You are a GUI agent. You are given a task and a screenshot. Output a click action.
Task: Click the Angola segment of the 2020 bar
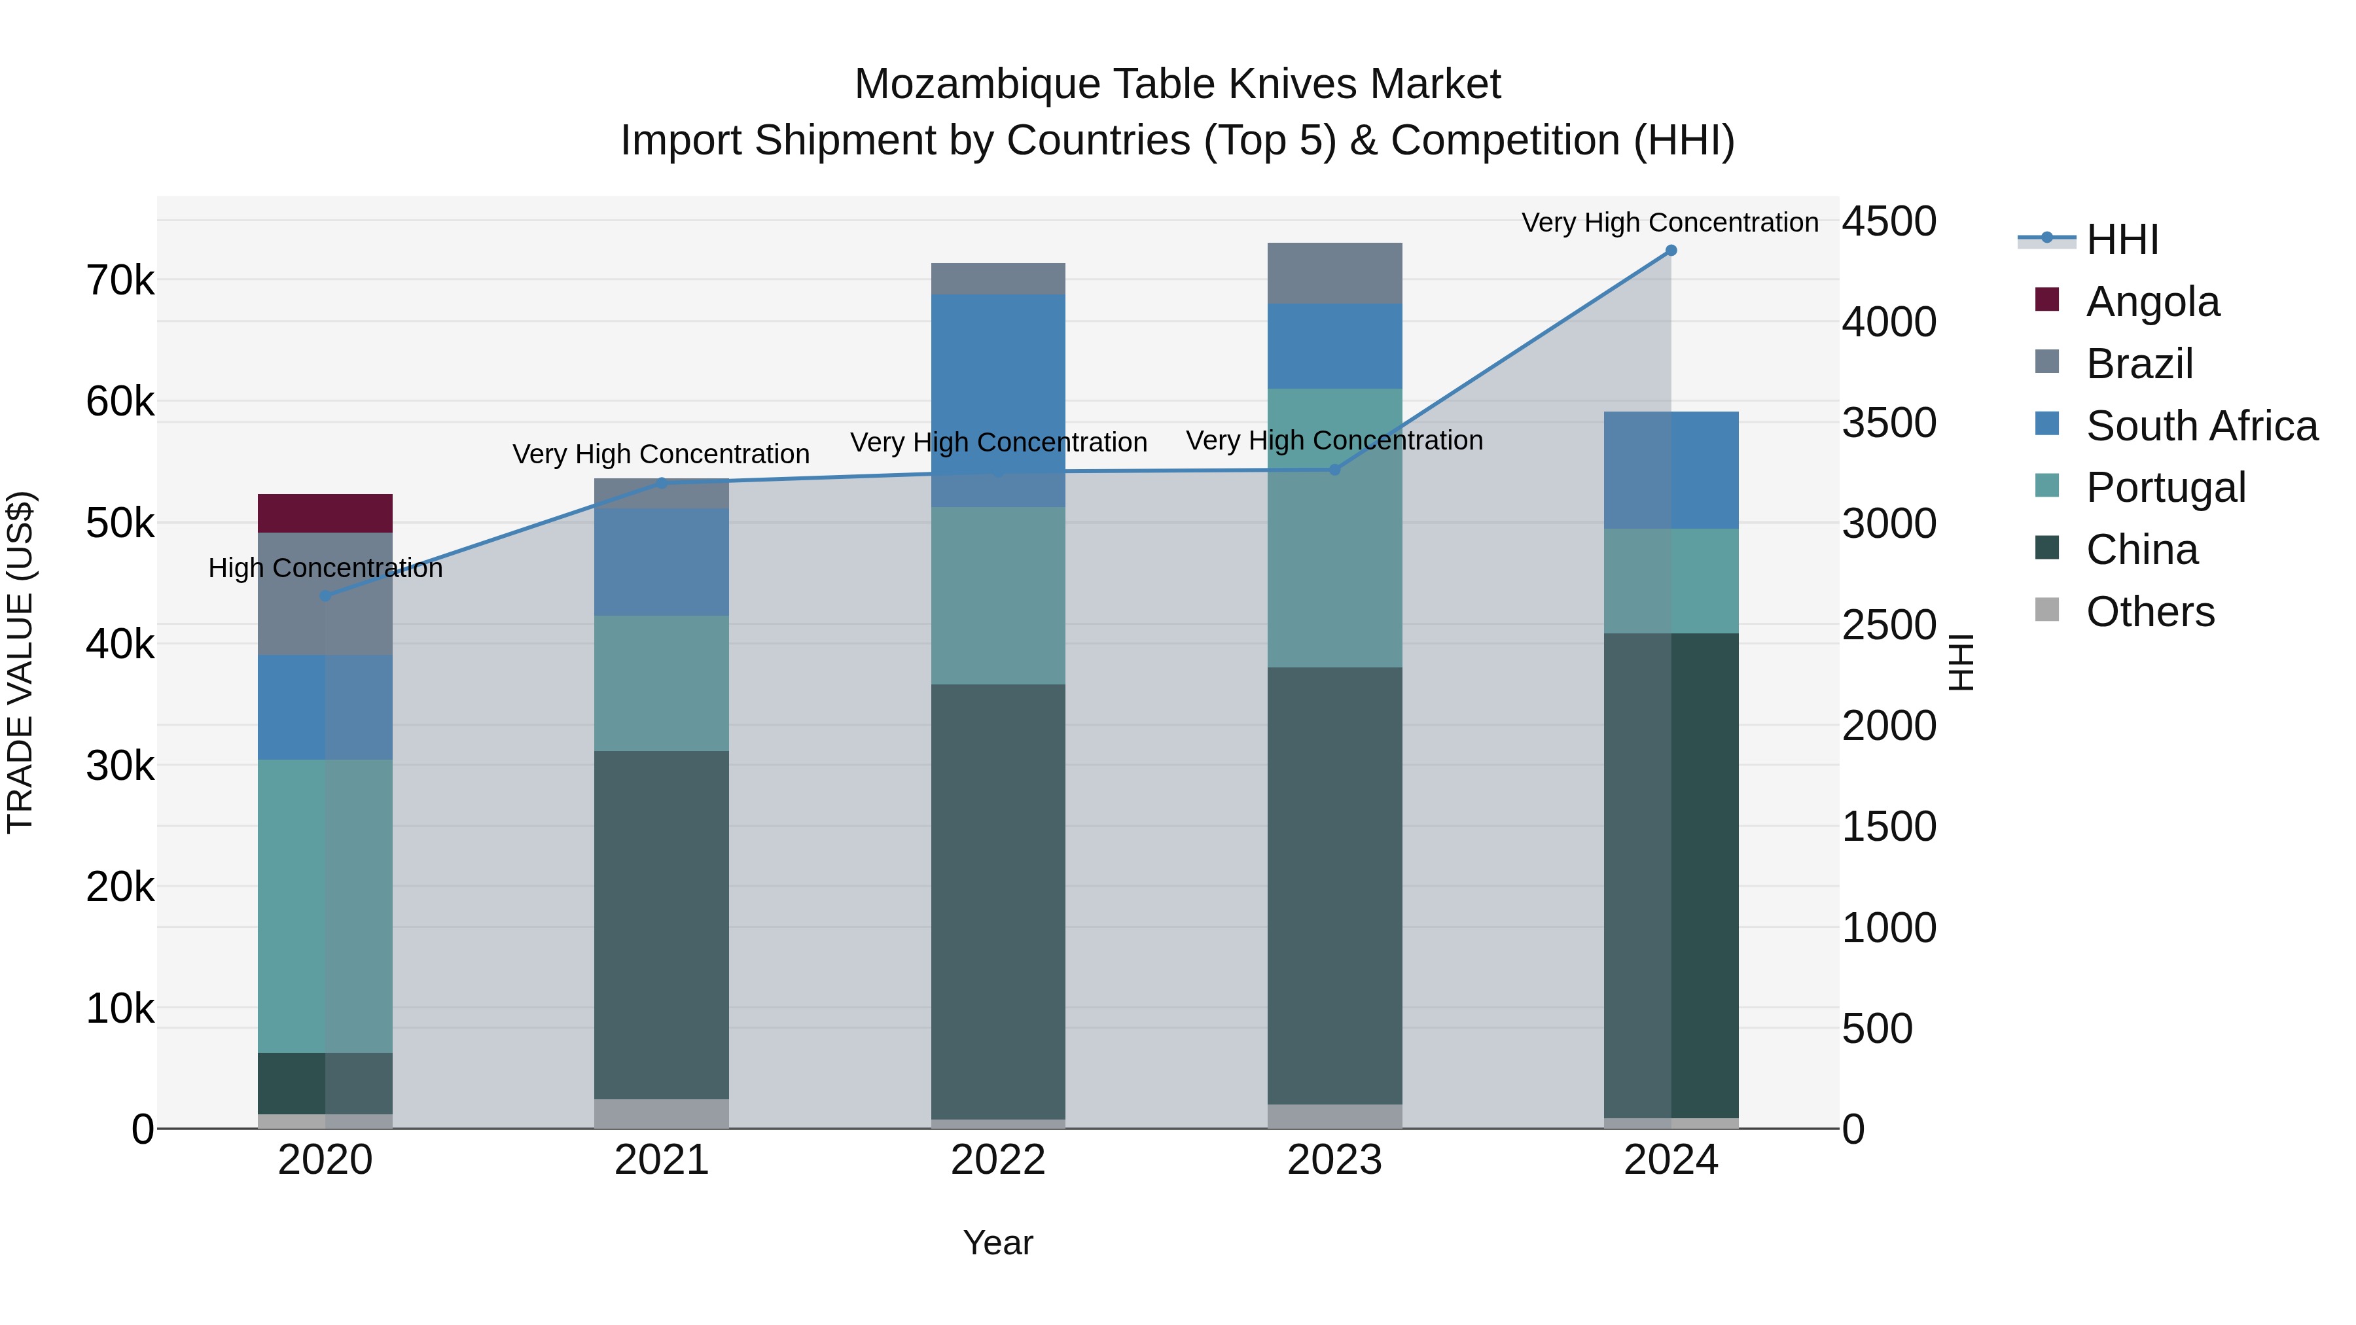point(325,513)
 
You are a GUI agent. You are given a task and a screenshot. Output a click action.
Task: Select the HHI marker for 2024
point(1670,251)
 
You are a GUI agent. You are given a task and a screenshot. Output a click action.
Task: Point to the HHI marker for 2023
point(1334,469)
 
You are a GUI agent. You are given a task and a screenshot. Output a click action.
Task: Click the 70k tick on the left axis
point(120,281)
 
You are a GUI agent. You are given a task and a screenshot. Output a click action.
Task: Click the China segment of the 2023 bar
point(1334,885)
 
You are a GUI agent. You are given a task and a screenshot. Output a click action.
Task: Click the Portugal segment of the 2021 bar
point(661,683)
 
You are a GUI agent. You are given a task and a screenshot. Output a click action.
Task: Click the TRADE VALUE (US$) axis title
point(20,662)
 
